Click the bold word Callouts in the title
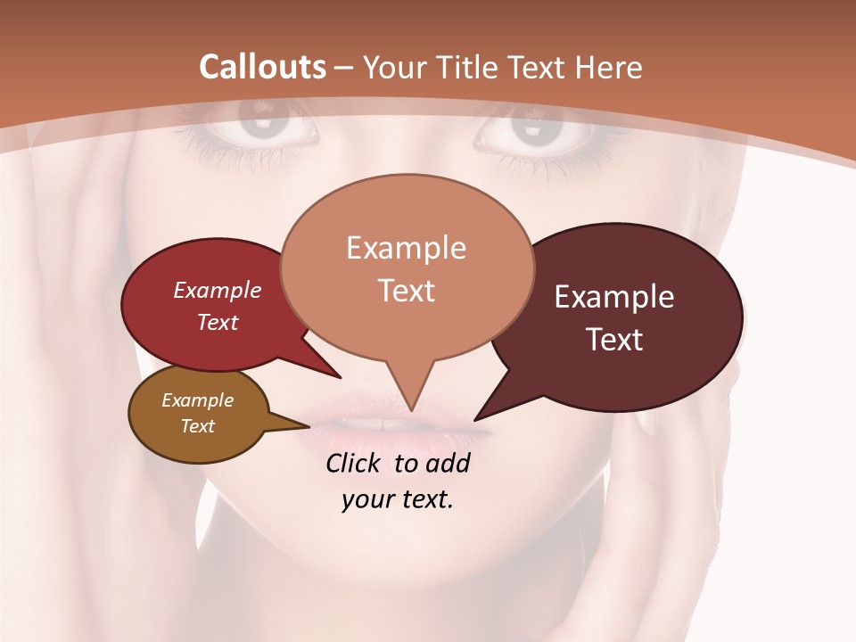(x=262, y=67)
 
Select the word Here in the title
(x=610, y=67)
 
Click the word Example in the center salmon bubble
(x=406, y=248)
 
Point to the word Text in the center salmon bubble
(x=406, y=291)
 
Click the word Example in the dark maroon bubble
(x=614, y=297)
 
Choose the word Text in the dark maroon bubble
(x=614, y=340)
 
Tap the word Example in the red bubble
(x=218, y=290)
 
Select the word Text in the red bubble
(x=218, y=322)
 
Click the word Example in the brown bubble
(x=198, y=400)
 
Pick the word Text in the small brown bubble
(x=198, y=426)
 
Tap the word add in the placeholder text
(x=448, y=463)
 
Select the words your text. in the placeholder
(x=397, y=500)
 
